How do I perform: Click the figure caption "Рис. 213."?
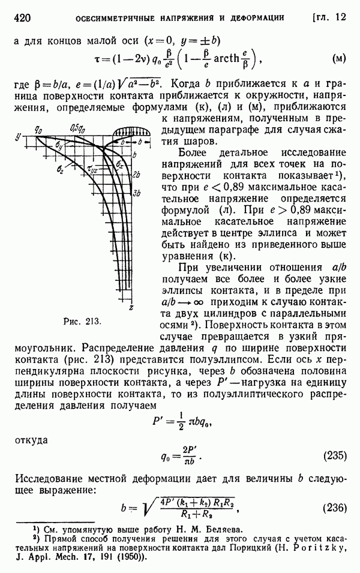[83, 321]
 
